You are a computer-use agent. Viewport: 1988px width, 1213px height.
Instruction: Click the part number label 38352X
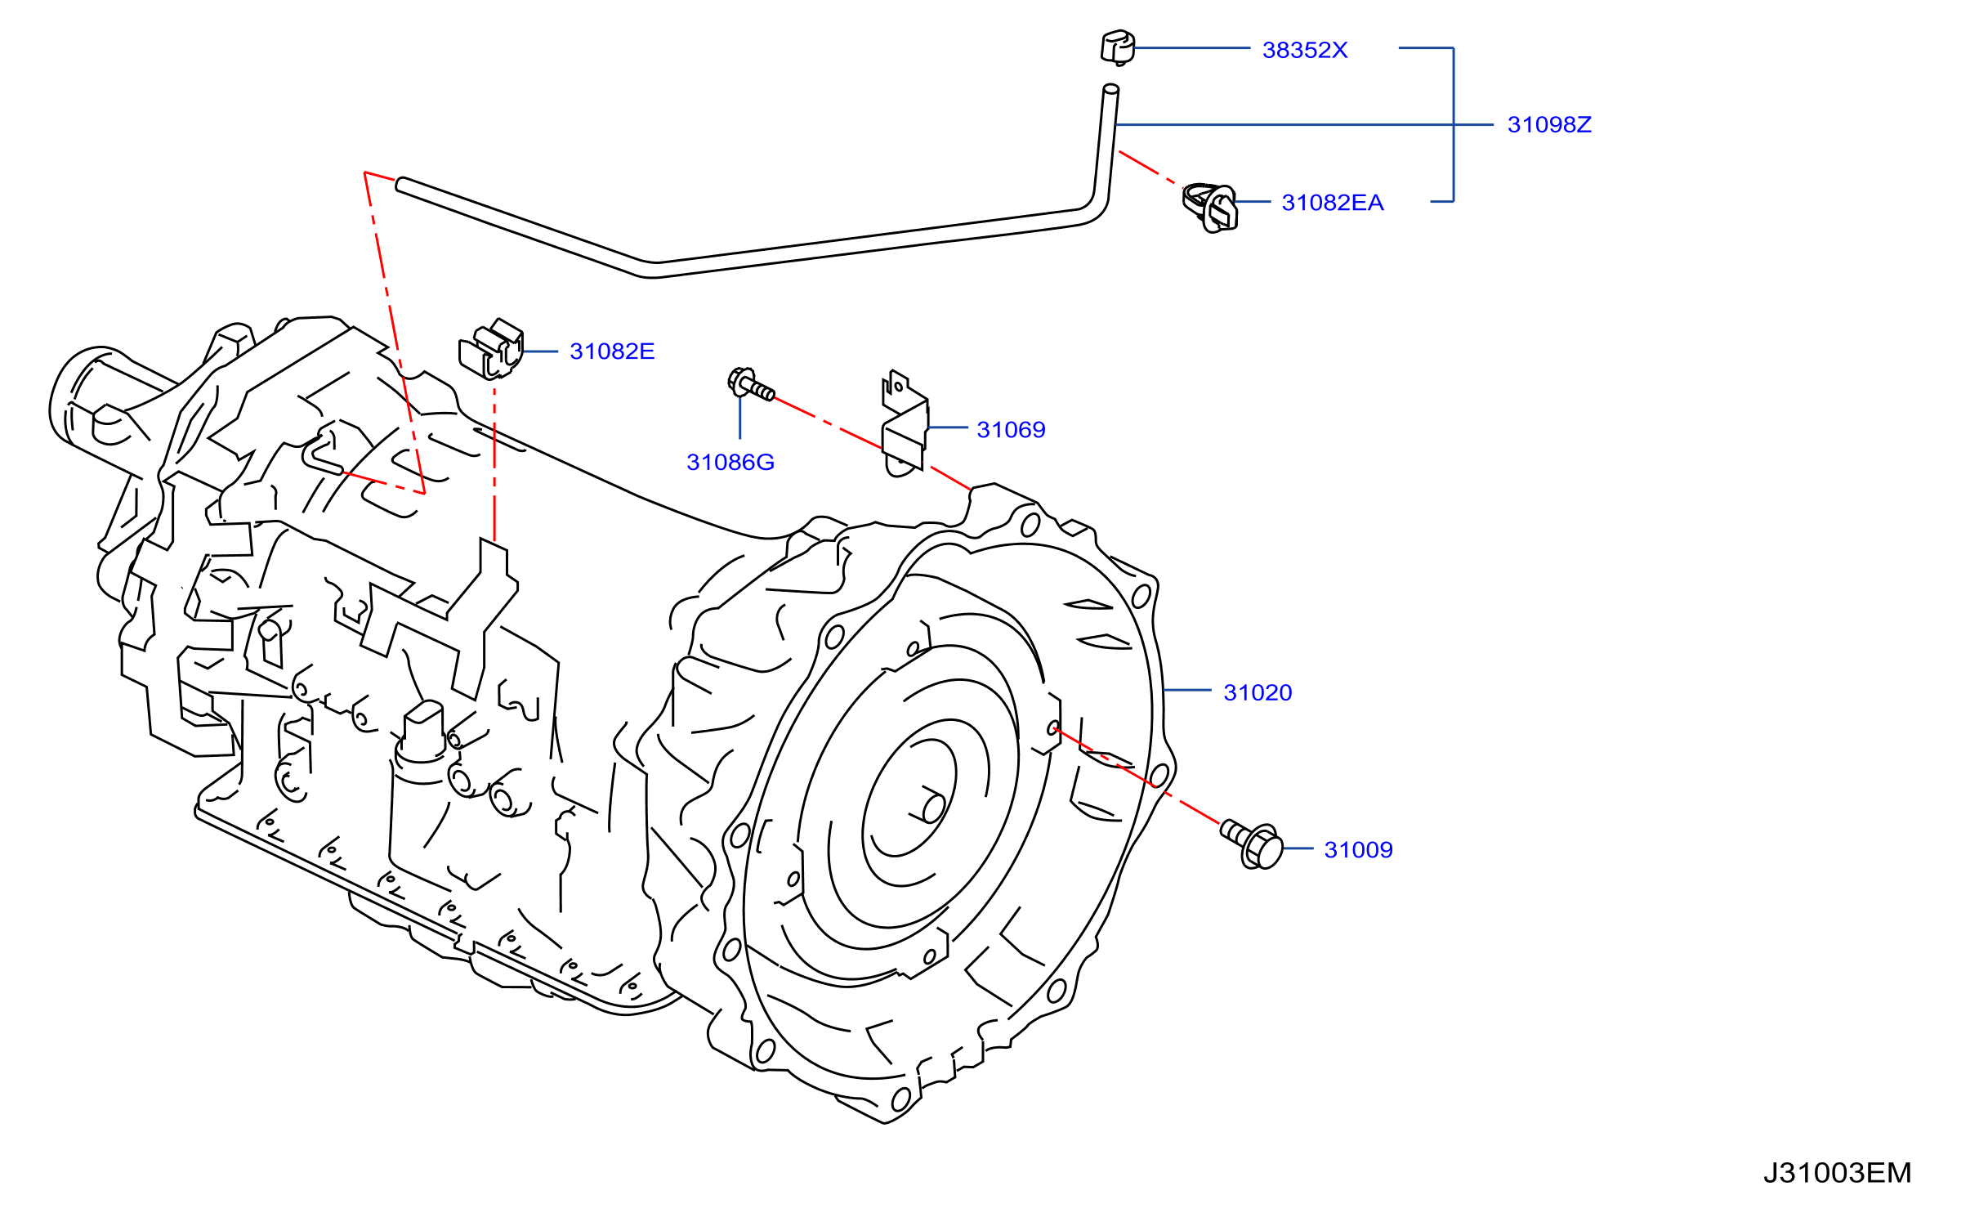[1304, 50]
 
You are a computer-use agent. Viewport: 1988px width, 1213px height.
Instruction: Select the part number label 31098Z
[1549, 124]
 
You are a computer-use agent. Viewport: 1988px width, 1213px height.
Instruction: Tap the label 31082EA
[1333, 202]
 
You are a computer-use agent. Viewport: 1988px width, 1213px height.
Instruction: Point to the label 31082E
[612, 351]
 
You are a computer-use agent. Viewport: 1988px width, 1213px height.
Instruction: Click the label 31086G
[730, 462]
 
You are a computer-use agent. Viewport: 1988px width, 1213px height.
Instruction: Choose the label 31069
[1011, 429]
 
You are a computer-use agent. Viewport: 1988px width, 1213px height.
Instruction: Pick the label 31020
[1258, 692]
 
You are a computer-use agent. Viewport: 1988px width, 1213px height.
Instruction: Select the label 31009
[1358, 849]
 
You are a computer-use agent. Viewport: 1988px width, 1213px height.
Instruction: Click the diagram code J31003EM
[1837, 1173]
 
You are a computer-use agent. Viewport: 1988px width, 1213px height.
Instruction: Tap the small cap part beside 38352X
[1117, 47]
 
